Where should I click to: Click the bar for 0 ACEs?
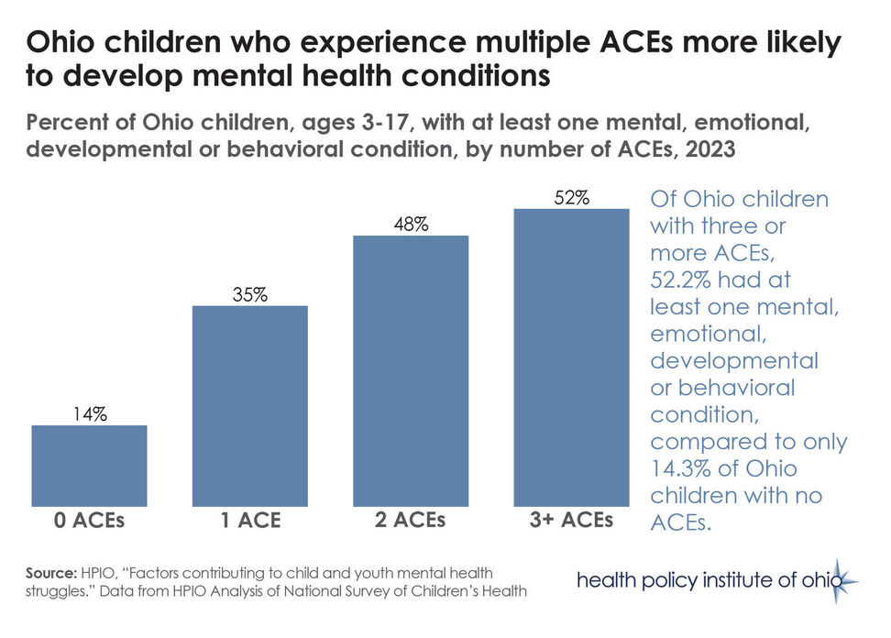(89, 466)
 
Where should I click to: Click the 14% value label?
(89, 413)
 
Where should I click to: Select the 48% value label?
(411, 224)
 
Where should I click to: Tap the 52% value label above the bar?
(571, 197)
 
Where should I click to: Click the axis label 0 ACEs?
(88, 522)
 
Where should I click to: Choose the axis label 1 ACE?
(248, 522)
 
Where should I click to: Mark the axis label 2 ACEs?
(410, 521)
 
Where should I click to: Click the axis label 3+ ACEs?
(570, 521)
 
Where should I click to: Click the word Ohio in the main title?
(61, 43)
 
